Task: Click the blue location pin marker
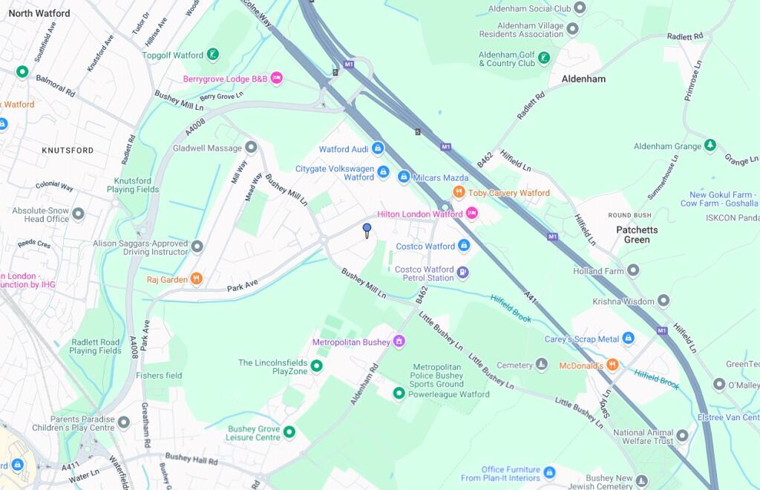point(367,229)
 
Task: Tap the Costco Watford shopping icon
point(464,245)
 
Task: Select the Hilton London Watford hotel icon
point(471,214)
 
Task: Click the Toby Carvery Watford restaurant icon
point(459,192)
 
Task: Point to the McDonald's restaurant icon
point(612,365)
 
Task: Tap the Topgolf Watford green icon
point(213,54)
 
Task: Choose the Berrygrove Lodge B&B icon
point(277,78)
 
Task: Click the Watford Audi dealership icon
point(378,148)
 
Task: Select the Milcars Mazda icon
point(404,177)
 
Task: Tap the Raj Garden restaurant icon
point(196,279)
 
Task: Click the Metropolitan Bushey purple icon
point(399,342)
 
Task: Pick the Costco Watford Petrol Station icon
point(462,273)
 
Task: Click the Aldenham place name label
point(583,79)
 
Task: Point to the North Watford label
point(39,13)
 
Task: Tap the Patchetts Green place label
point(637,235)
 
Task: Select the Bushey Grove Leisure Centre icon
point(289,432)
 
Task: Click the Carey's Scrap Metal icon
point(628,339)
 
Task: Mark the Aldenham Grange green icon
point(710,146)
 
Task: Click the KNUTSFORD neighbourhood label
point(68,150)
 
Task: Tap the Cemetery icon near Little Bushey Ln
point(542,365)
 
